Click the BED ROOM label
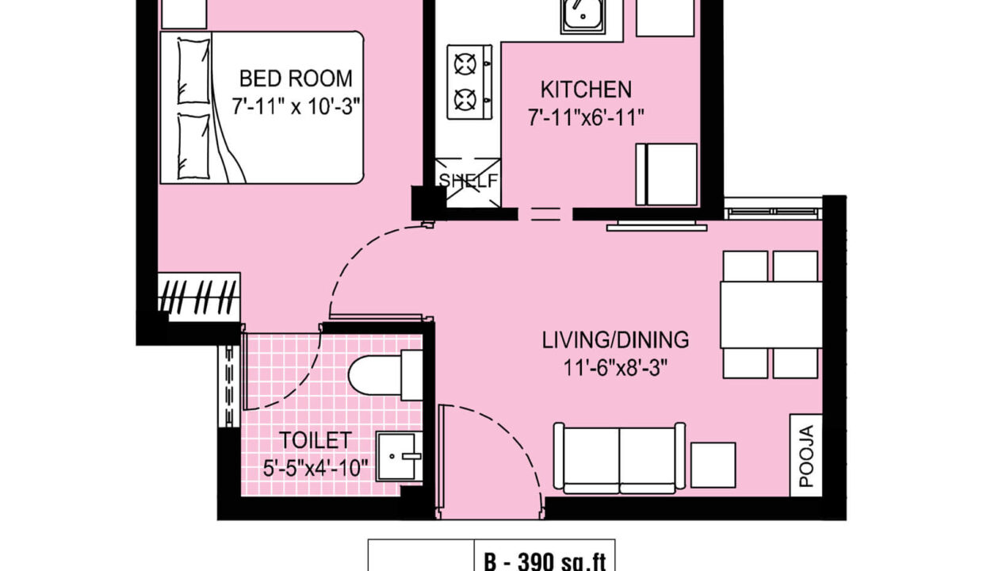[x=296, y=79]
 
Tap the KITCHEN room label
[x=586, y=90]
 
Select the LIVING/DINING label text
[x=615, y=340]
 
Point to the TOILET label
[x=315, y=440]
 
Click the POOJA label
[x=806, y=456]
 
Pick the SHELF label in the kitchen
[x=469, y=181]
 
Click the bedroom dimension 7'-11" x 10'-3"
[x=296, y=106]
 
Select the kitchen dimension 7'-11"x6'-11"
[x=586, y=117]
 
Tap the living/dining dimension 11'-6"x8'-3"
[x=615, y=368]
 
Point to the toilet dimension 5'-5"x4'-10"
[x=315, y=468]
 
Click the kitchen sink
[x=583, y=16]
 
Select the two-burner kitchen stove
[x=469, y=82]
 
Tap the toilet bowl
[x=385, y=375]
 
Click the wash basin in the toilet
[x=400, y=456]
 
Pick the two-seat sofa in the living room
[x=619, y=458]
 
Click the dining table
[x=771, y=315]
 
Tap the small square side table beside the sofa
[x=713, y=465]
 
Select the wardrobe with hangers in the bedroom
[x=199, y=297]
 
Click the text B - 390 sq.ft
[x=545, y=562]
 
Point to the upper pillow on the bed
[x=193, y=71]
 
